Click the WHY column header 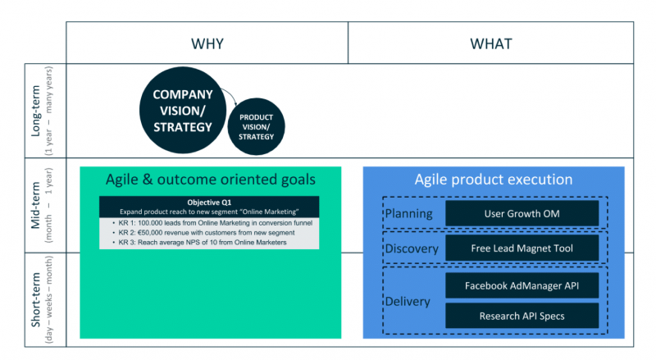pyautogui.click(x=207, y=43)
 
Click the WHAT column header pyautogui.click(x=490, y=43)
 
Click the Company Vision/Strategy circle pyautogui.click(x=182, y=111)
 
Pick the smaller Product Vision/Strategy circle pyautogui.click(x=256, y=127)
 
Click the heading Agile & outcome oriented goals pyautogui.click(x=210, y=180)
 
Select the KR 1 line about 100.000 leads pyautogui.click(x=215, y=222)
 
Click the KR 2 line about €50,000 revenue pyautogui.click(x=205, y=232)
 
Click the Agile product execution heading pyautogui.click(x=494, y=180)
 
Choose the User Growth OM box pyautogui.click(x=522, y=213)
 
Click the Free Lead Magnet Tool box pyautogui.click(x=522, y=248)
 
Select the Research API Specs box pyautogui.click(x=522, y=316)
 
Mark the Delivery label pyautogui.click(x=408, y=301)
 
